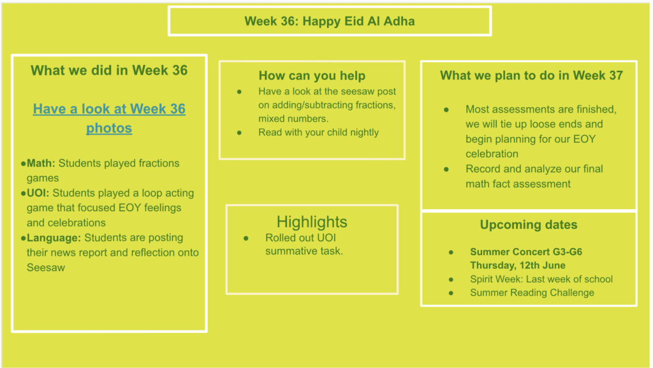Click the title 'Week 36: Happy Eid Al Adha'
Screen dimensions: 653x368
[330, 21]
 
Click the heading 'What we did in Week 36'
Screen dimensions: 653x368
[109, 70]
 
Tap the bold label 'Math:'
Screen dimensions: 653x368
[41, 163]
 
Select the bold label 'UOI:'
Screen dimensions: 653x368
[38, 193]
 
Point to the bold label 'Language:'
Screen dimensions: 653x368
[54, 238]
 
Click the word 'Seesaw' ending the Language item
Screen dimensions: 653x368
[46, 268]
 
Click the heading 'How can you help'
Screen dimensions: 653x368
[312, 76]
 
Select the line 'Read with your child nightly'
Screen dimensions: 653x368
[319, 133]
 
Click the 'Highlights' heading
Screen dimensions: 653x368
[312, 222]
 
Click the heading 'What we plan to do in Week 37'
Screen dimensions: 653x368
[531, 75]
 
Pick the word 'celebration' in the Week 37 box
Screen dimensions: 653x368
[492, 154]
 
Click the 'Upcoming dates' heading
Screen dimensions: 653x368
[529, 224]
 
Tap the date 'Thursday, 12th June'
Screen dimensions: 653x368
[518, 265]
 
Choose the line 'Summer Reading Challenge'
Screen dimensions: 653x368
[532, 293]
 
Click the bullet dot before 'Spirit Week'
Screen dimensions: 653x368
[451, 279]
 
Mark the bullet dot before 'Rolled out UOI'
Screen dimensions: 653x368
[246, 238]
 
